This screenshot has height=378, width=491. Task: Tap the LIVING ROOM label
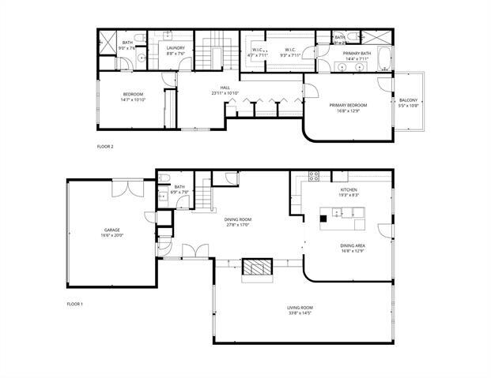pos(300,306)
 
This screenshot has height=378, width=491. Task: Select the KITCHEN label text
pos(349,190)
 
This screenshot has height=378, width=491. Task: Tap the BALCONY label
pos(409,100)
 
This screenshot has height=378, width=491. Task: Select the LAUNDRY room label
pos(176,48)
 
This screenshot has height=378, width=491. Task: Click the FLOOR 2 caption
pos(105,147)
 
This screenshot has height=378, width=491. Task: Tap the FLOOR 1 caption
pos(75,303)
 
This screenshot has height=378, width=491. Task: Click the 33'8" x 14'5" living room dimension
pos(300,313)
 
